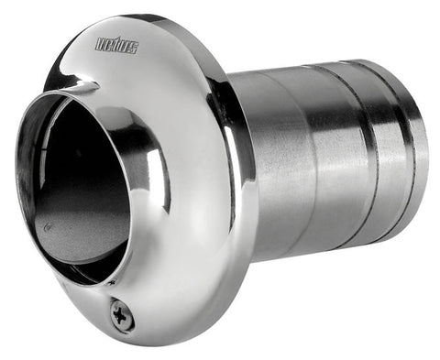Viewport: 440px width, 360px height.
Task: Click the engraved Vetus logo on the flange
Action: pyautogui.click(x=117, y=46)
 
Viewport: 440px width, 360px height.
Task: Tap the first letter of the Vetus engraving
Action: pyautogui.click(x=100, y=44)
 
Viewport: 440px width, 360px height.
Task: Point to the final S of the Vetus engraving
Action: pyautogui.click(x=134, y=49)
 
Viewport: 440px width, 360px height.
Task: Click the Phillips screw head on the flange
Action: pyautogui.click(x=122, y=315)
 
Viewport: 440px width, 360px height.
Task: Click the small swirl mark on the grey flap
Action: pyautogui.click(x=47, y=227)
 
